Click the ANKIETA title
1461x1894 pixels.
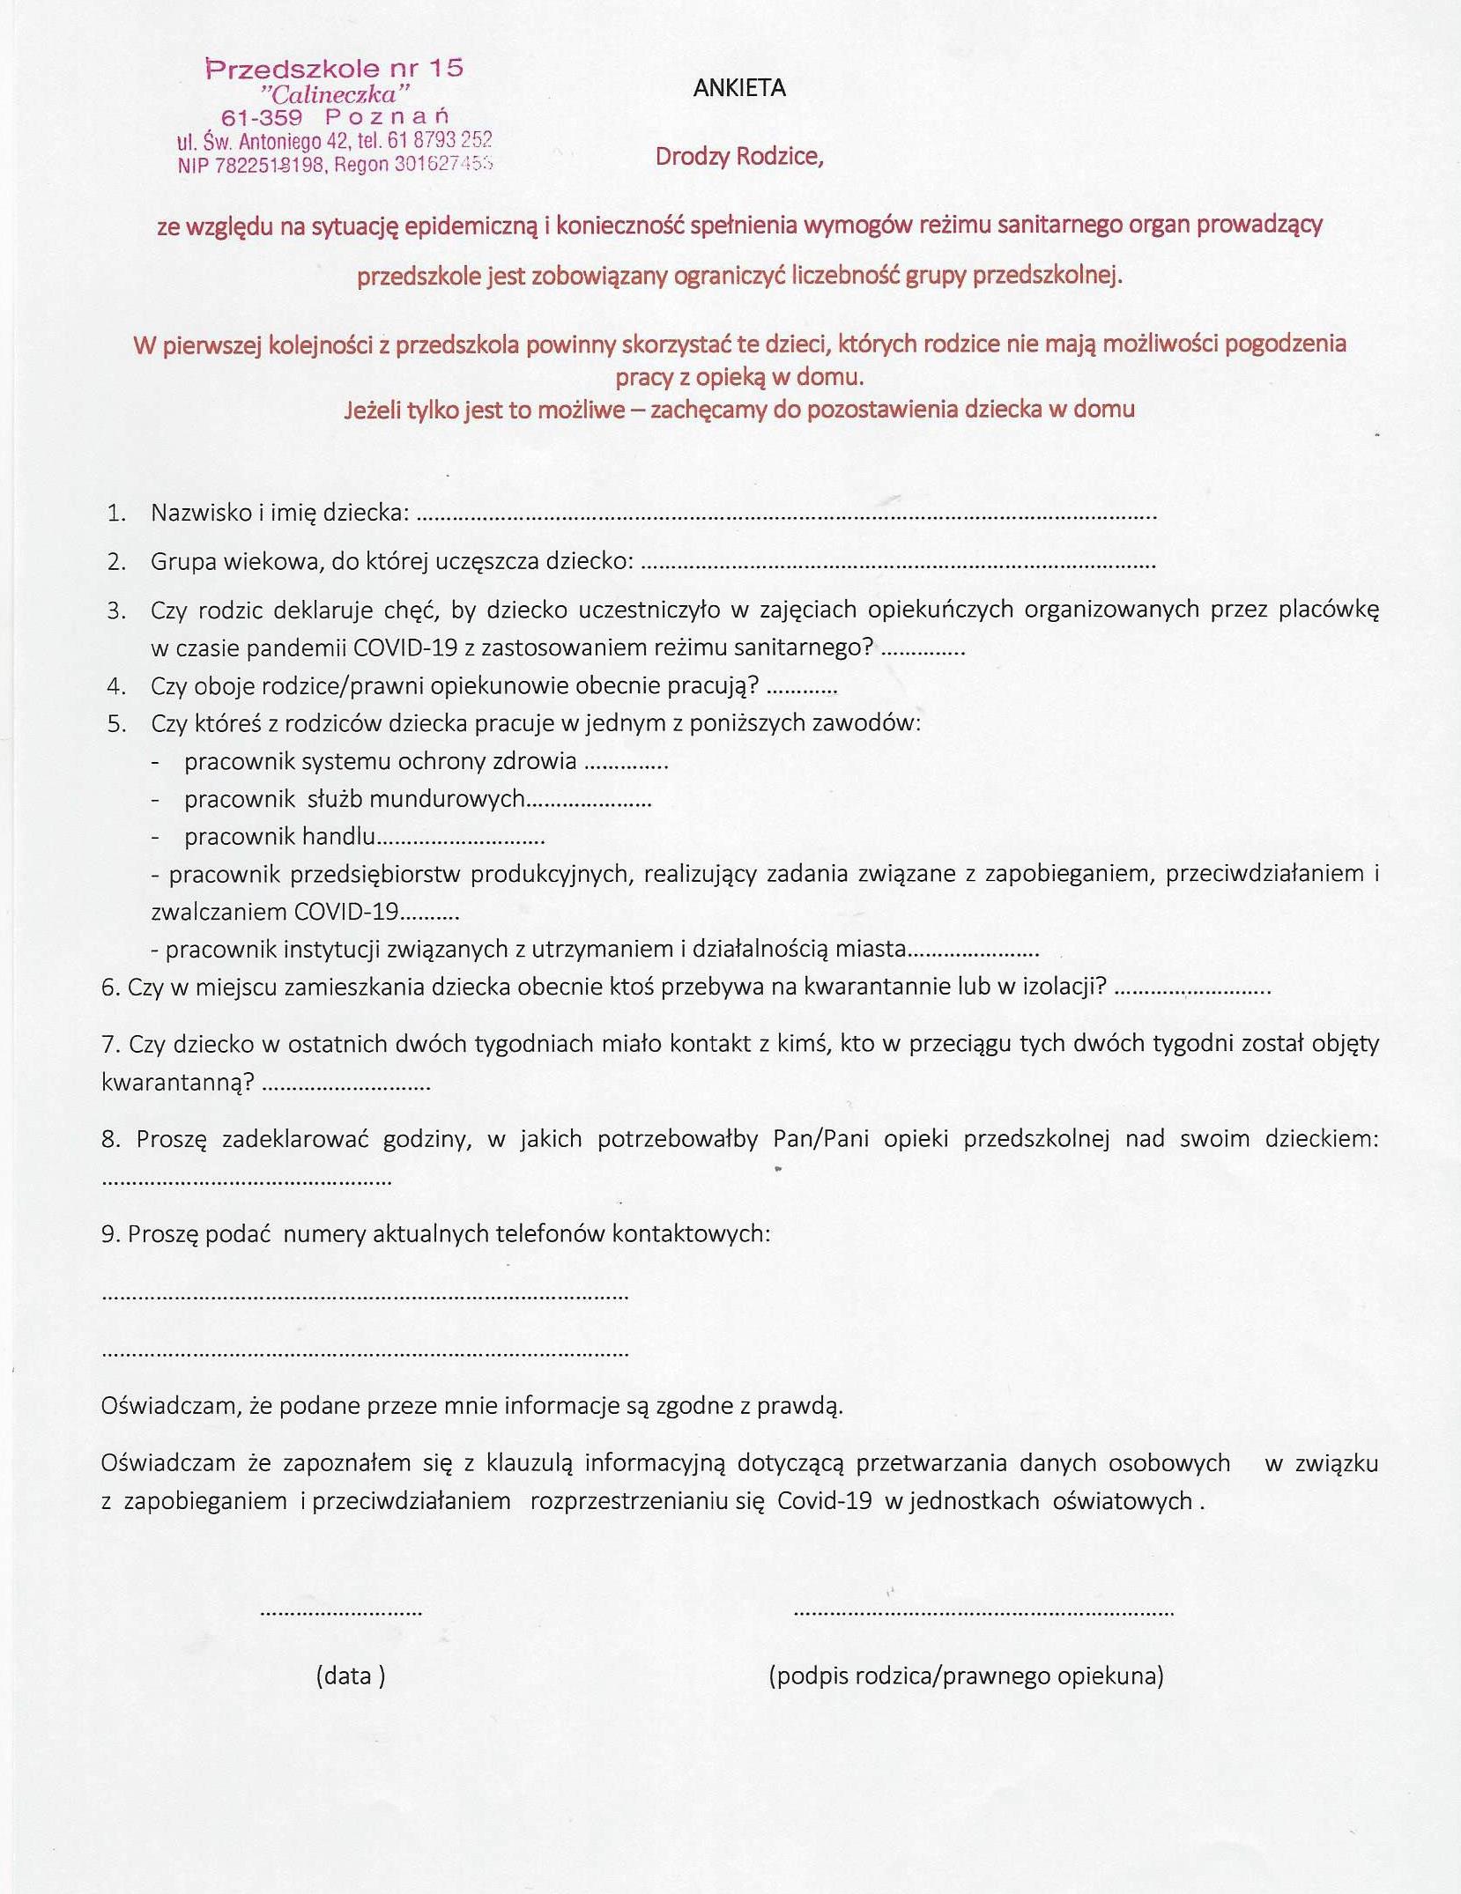(x=739, y=88)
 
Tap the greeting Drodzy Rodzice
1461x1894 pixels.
(x=738, y=157)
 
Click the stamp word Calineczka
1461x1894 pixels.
(x=335, y=93)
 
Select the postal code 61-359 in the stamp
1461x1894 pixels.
(x=262, y=117)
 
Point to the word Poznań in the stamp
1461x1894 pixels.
(x=388, y=117)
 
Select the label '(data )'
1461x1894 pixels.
(x=350, y=1675)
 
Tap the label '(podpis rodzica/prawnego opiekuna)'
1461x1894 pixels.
(x=966, y=1675)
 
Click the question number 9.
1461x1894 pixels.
(x=110, y=1234)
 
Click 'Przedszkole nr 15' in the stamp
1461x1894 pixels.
(x=335, y=69)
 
